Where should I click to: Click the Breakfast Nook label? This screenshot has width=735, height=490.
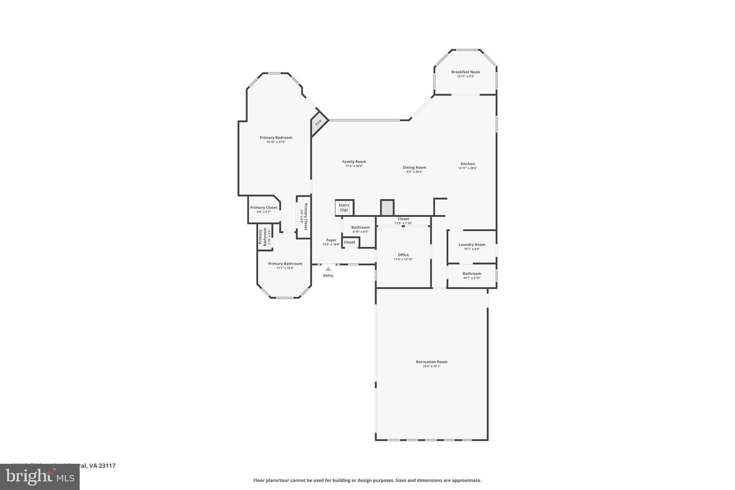point(465,72)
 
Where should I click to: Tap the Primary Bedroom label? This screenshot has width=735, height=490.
point(276,137)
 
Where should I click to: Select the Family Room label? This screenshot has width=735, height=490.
point(354,162)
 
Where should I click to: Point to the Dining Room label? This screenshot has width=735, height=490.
point(414,167)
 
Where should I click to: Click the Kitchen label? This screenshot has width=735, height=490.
point(467,164)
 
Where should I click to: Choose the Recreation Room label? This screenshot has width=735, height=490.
point(431,362)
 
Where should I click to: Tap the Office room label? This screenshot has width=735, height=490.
point(403,255)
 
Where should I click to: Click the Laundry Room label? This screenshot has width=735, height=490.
point(472,244)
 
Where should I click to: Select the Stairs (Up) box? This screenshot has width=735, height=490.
point(344,207)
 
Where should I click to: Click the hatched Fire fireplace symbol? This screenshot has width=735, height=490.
point(318,123)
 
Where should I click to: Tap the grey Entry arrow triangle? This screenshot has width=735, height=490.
point(328,269)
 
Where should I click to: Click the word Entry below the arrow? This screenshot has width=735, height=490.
point(328,276)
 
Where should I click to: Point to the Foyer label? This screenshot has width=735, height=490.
point(331,240)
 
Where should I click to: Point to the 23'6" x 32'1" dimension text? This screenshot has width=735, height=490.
point(431,366)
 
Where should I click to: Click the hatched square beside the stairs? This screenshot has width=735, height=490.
point(387,207)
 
